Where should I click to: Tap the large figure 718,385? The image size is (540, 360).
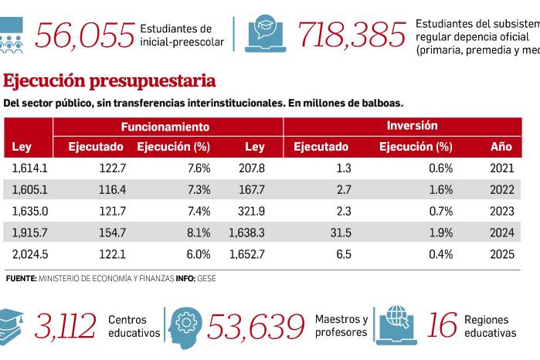click(352, 35)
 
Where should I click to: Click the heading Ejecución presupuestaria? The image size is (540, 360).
click(109, 81)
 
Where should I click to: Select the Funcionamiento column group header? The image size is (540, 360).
click(165, 126)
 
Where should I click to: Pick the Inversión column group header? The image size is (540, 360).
click(413, 125)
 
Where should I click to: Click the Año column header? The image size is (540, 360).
click(501, 147)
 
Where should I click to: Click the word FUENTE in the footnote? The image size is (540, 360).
click(21, 278)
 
